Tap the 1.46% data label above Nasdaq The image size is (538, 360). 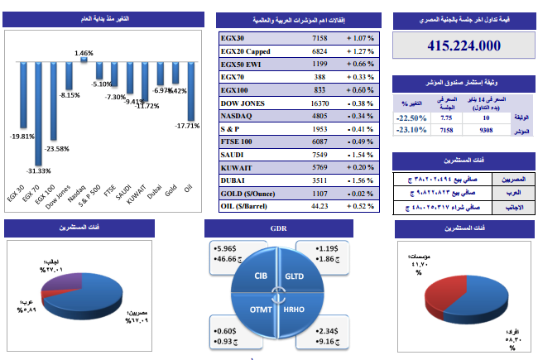[83, 53]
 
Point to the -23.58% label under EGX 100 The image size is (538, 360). [57, 149]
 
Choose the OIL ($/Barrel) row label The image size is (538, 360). [249, 206]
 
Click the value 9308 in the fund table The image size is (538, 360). [486, 130]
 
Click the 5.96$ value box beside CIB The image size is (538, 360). [227, 247]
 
